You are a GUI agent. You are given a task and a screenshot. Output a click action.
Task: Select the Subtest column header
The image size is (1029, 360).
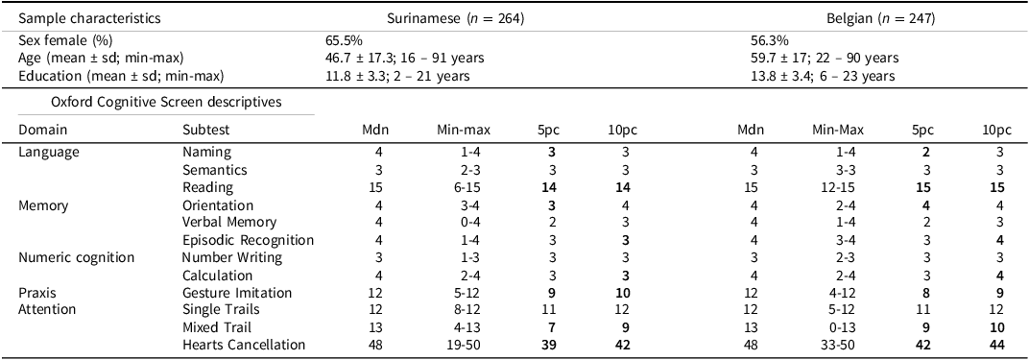click(x=206, y=130)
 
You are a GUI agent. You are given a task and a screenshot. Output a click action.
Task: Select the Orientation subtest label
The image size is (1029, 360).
click(x=218, y=205)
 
